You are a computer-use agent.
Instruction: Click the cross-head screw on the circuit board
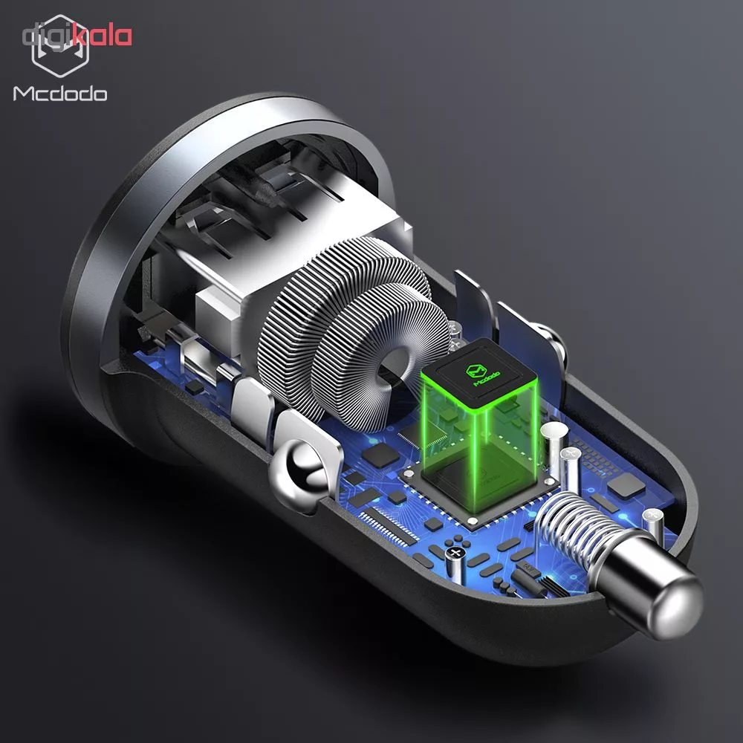[455, 553]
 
